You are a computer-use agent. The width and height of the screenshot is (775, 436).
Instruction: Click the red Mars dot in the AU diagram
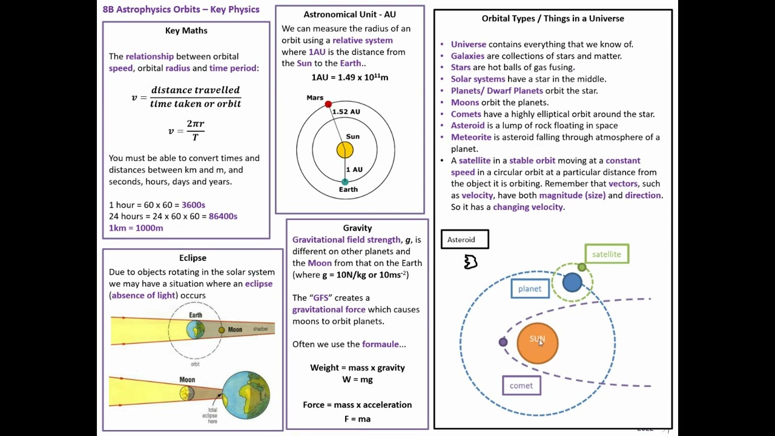pos(328,104)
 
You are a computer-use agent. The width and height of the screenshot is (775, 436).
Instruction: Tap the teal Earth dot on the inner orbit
pos(345,182)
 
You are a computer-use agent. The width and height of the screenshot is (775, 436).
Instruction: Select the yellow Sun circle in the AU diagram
pos(345,150)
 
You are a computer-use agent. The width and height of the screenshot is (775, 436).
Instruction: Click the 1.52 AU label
pos(346,111)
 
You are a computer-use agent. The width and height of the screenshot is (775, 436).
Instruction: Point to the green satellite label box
pos(607,254)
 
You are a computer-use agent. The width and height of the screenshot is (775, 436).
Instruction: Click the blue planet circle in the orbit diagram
pos(572,282)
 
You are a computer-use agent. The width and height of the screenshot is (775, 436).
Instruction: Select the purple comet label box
pos(521,386)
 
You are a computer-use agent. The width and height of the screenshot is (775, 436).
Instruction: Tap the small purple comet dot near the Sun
pos(503,342)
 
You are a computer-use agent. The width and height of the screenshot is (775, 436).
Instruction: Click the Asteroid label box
pos(464,240)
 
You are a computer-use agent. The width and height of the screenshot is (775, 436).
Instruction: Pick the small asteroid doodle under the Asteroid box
pos(470,262)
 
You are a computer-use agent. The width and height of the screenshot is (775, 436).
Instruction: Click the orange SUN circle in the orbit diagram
pos(537,343)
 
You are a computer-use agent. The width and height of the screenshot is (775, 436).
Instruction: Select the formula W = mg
pos(357,379)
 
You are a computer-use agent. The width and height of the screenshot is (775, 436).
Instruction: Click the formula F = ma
pos(357,418)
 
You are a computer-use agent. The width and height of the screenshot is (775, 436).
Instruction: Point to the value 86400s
pos(223,216)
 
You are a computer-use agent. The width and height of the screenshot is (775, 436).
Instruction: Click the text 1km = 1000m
pos(136,228)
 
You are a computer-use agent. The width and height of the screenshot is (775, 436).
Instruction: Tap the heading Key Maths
pos(186,30)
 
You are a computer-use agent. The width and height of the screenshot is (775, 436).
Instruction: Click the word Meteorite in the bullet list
pos(470,137)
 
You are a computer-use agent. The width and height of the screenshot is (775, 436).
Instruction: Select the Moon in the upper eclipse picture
pos(222,330)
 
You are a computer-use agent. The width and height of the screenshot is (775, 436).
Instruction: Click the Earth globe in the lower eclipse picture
pos(246,395)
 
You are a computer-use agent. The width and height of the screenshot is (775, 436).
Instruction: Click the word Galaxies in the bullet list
pos(467,56)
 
